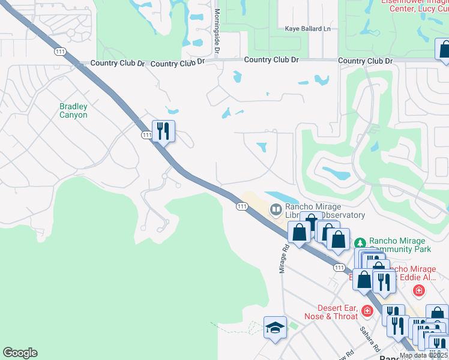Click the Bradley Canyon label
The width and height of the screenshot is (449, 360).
point(73,110)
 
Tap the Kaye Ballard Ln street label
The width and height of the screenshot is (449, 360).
point(308,29)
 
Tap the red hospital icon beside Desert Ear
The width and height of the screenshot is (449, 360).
point(367,311)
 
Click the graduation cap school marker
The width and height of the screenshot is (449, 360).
point(275,328)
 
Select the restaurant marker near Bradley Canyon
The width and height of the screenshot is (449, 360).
point(163,130)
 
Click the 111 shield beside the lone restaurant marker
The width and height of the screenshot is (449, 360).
point(146,136)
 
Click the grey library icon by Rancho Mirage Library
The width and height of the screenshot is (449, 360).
point(276,209)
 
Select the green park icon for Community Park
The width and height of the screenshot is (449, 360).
point(360,243)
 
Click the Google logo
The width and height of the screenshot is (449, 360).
point(20,353)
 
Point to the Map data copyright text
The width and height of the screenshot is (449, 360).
point(424,355)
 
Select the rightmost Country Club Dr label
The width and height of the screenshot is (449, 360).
point(365,61)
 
